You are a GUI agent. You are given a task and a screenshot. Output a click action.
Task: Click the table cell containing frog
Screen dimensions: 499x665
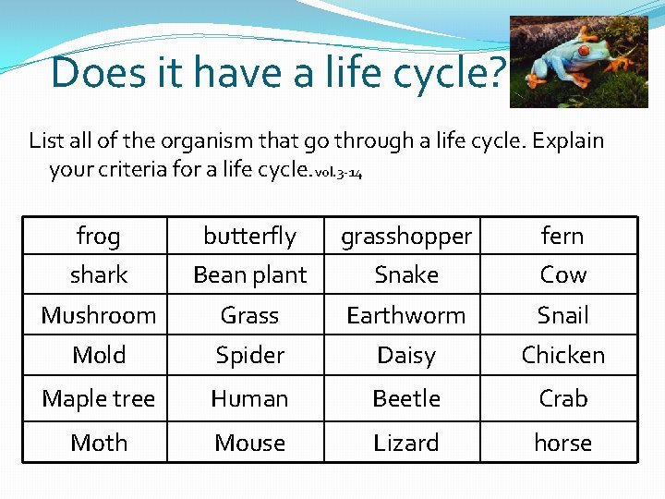pos(98,237)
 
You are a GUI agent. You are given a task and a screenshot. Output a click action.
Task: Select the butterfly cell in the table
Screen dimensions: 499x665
pos(249,237)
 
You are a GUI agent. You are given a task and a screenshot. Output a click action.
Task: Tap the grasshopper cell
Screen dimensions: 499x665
pos(406,237)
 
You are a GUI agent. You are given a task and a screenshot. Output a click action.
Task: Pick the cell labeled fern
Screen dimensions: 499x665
pos(562,237)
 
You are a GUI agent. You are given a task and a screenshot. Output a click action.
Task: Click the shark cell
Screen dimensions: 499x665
pos(98,275)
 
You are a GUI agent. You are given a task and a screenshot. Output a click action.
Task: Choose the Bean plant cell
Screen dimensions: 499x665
pos(249,275)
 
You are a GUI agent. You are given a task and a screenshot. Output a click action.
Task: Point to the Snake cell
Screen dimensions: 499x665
pos(406,275)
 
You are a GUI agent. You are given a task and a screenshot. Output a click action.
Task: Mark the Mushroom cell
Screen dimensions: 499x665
pos(98,315)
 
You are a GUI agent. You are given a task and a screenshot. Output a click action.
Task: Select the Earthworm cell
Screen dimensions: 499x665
pos(406,315)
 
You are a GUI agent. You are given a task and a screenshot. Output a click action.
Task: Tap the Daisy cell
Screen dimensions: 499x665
pos(406,355)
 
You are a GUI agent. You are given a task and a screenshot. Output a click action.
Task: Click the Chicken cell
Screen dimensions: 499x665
pos(562,355)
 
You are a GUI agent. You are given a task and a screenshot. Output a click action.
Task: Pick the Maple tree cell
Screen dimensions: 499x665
pos(98,398)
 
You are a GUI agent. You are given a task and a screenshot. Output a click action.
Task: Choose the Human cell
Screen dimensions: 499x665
pos(249,398)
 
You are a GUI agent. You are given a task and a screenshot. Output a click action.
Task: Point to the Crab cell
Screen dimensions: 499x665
pos(562,398)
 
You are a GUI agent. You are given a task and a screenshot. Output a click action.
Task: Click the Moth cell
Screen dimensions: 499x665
pos(98,443)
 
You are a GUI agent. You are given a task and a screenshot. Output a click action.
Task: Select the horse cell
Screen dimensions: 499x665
pos(562,443)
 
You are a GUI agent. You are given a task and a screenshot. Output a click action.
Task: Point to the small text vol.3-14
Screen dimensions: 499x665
pos(339,173)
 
